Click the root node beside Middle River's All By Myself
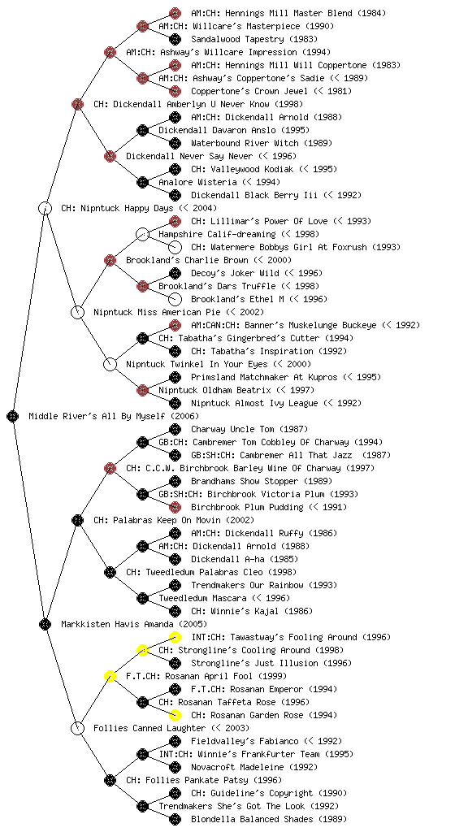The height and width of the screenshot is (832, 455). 13,416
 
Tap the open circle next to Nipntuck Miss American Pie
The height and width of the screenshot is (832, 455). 77,312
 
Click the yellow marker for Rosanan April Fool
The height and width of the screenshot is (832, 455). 110,676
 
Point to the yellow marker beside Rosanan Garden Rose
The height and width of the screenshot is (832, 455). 175,715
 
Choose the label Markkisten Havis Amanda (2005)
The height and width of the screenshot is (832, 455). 134,624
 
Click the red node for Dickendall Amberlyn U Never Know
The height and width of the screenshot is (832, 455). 77,104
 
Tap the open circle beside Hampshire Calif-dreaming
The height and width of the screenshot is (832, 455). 142,234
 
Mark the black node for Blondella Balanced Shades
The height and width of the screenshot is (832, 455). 175,819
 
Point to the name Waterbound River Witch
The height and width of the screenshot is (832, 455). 246,143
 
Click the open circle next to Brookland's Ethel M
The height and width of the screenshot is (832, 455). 175,299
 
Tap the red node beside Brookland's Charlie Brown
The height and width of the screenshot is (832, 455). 110,260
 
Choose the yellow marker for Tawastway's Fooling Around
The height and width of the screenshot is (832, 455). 175,637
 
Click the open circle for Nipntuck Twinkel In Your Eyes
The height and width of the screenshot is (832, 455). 110,364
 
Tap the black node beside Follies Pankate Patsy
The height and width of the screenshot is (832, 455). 110,780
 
